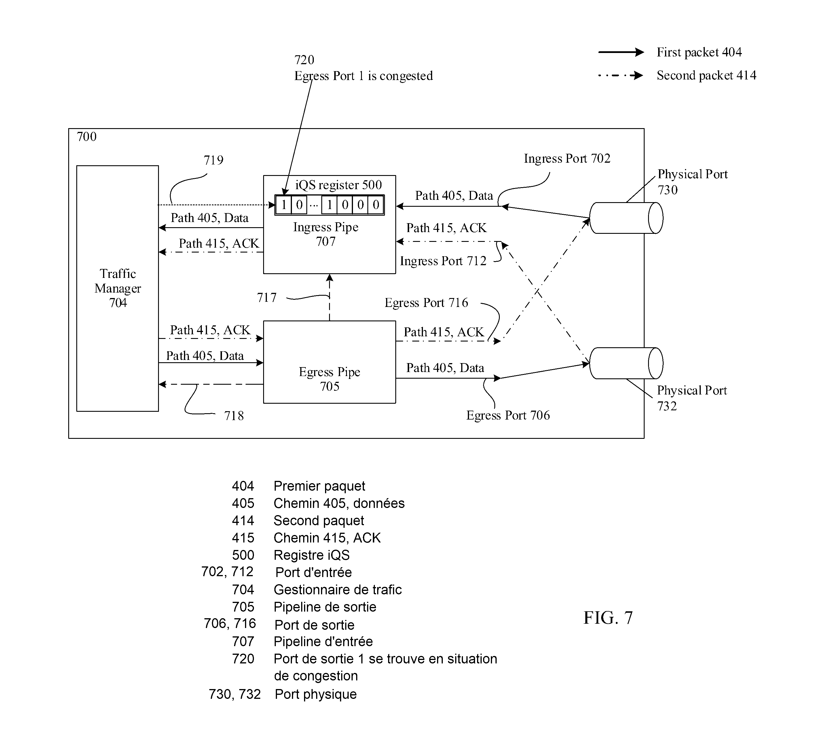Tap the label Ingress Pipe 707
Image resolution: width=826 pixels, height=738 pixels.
point(326,234)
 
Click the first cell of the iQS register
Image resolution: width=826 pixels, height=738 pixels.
point(284,205)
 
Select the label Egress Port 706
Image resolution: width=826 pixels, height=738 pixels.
point(508,415)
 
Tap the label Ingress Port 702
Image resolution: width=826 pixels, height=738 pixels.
point(567,159)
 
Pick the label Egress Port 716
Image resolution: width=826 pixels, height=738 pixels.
point(426,303)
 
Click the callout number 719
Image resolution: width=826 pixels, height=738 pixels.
point(214,160)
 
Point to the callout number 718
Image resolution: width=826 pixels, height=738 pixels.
point(234,416)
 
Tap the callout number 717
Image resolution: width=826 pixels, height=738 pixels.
point(267,298)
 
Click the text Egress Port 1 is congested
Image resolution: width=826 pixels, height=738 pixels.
point(363,76)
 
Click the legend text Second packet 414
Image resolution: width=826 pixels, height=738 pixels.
point(707,75)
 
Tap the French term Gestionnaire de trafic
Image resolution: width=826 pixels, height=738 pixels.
point(337,590)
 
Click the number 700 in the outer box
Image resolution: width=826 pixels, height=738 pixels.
point(87,137)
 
